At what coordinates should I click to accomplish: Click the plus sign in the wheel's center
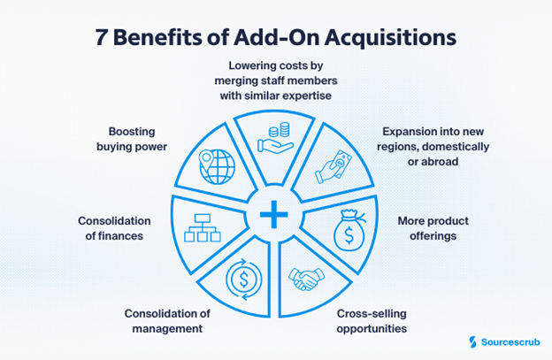tap(275, 214)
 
